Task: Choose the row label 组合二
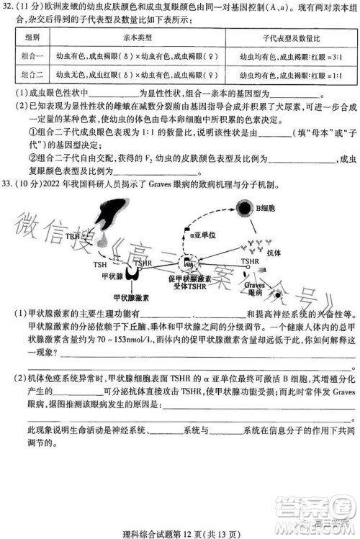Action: (32, 74)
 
